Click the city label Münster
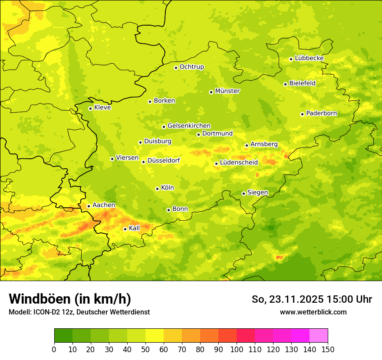point(227,91)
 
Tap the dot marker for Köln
point(157,189)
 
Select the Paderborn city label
point(321,113)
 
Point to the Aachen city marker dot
point(89,206)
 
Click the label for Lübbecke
point(309,58)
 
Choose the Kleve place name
point(102,108)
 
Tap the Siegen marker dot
point(244,193)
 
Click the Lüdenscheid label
point(239,163)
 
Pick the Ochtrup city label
point(191,67)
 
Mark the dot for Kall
point(125,229)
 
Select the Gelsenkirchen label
point(189,126)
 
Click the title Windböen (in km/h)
point(70,299)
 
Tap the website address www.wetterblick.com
point(313,312)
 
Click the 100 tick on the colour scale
point(237,349)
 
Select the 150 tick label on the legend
point(328,349)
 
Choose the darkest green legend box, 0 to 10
point(63,336)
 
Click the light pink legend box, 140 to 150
point(319,336)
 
